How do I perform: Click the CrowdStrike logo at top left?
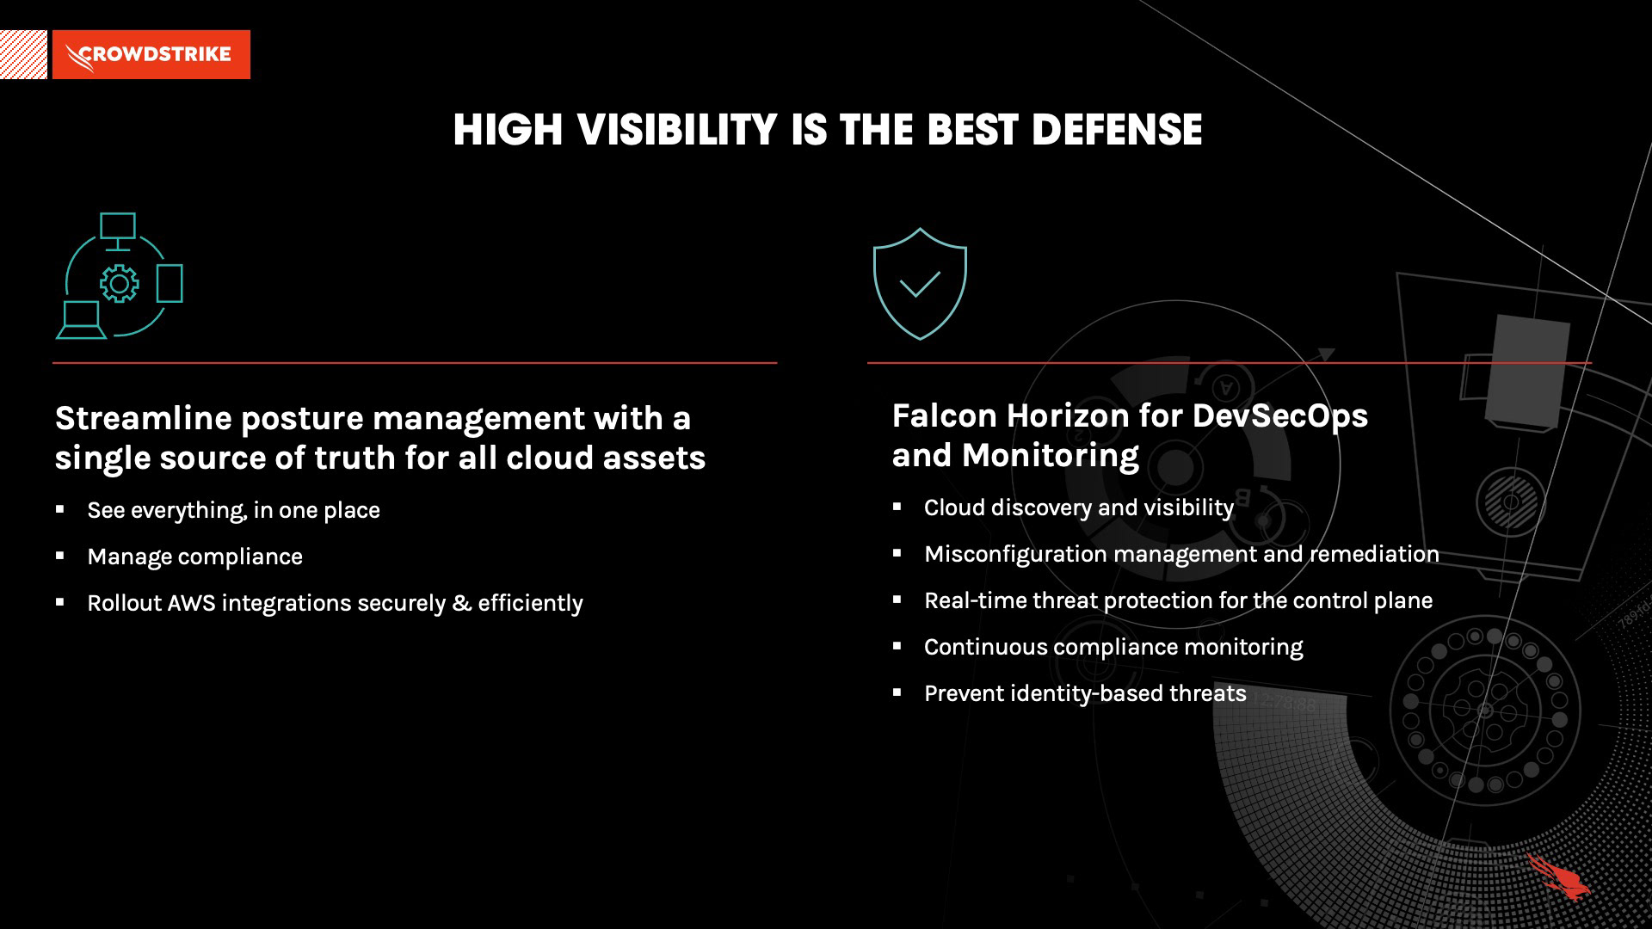coord(151,54)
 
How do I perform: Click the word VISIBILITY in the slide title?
coord(677,130)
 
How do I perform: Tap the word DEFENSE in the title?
coord(1116,130)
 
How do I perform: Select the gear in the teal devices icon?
coord(119,283)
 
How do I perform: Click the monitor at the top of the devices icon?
coord(118,231)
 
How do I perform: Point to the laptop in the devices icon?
coord(82,321)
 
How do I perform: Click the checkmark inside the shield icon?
coord(920,283)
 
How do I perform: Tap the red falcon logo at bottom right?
coord(1558,877)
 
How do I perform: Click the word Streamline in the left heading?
coord(144,418)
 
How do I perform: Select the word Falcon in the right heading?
coord(944,415)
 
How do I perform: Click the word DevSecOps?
coord(1279,416)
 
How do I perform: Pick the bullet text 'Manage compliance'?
coord(195,557)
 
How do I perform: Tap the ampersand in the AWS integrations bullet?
coord(461,603)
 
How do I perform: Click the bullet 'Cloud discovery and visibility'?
coord(1079,508)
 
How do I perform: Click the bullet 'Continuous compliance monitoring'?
coord(1113,647)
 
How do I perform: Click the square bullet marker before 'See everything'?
coord(60,509)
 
